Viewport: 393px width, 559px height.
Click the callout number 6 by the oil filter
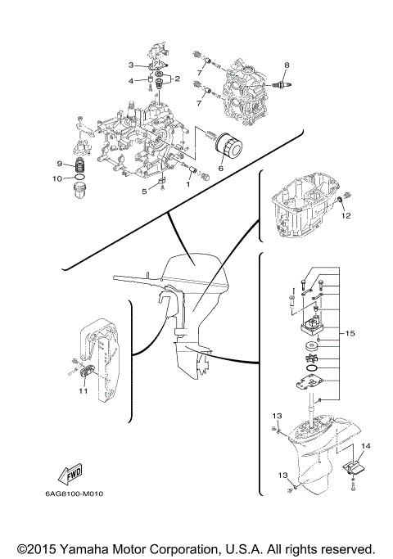[220, 169]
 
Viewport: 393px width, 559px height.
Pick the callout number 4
[130, 80]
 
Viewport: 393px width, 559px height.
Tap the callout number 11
[83, 392]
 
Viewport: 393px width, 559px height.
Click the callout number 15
[350, 333]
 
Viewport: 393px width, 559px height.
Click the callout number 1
[187, 184]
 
